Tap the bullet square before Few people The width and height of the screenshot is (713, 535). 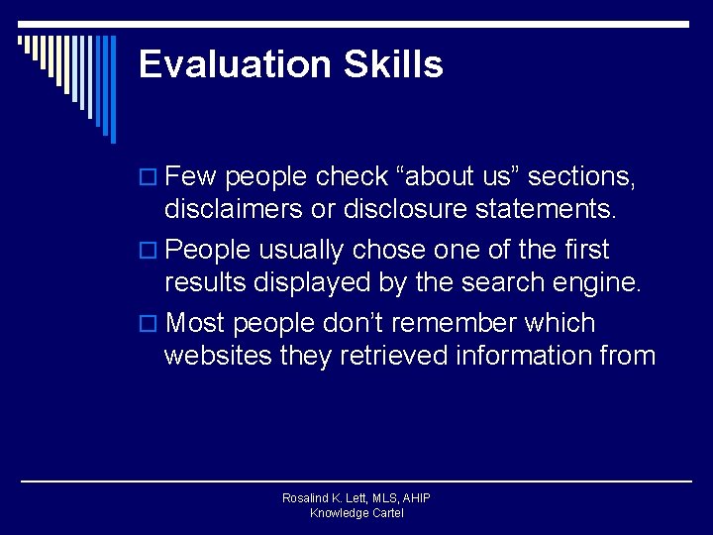click(x=151, y=178)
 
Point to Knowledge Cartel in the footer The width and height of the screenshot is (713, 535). click(x=356, y=513)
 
